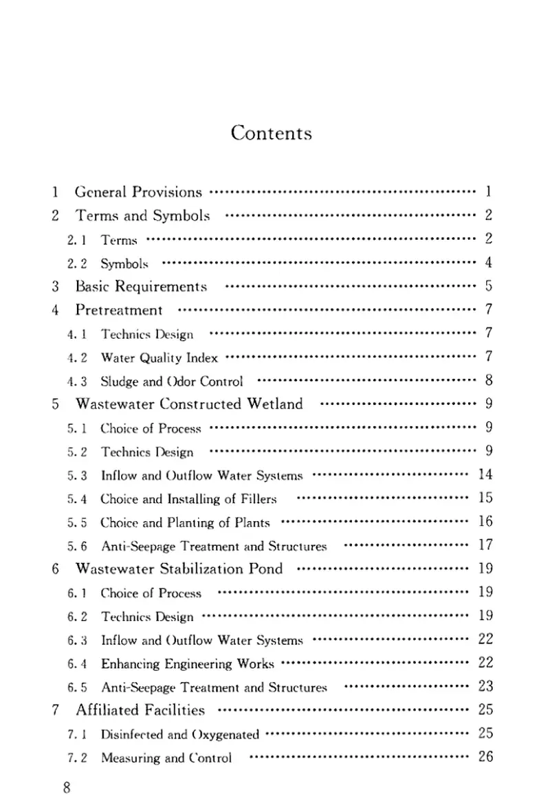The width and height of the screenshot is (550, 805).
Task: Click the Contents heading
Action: point(272,133)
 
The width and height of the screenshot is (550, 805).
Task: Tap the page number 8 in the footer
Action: point(67,788)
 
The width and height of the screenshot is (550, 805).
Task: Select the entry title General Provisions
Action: point(137,192)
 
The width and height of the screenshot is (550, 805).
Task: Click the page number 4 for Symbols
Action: point(488,263)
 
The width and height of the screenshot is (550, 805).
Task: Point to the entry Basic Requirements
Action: point(141,286)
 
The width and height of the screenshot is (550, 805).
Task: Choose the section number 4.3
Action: point(77,381)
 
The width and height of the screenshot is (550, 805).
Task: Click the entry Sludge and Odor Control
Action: point(172,381)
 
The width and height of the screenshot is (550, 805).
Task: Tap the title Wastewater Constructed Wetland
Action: point(189,404)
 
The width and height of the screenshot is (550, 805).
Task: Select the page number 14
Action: point(485,474)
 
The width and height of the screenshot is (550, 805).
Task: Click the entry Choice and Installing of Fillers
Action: point(188,498)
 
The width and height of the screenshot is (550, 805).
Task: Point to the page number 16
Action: point(485,522)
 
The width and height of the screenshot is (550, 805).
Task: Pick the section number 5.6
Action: point(77,546)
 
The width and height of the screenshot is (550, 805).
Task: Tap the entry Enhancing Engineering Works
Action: point(187,664)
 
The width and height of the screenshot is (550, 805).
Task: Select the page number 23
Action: point(485,687)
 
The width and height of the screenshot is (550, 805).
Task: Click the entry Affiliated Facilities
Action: point(140,710)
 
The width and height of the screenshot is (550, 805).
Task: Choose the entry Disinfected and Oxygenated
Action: point(179,734)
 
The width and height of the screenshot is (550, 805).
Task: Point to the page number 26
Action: point(485,758)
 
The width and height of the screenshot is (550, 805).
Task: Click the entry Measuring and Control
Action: point(166,758)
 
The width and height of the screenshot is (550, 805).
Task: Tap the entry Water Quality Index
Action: point(159,357)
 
